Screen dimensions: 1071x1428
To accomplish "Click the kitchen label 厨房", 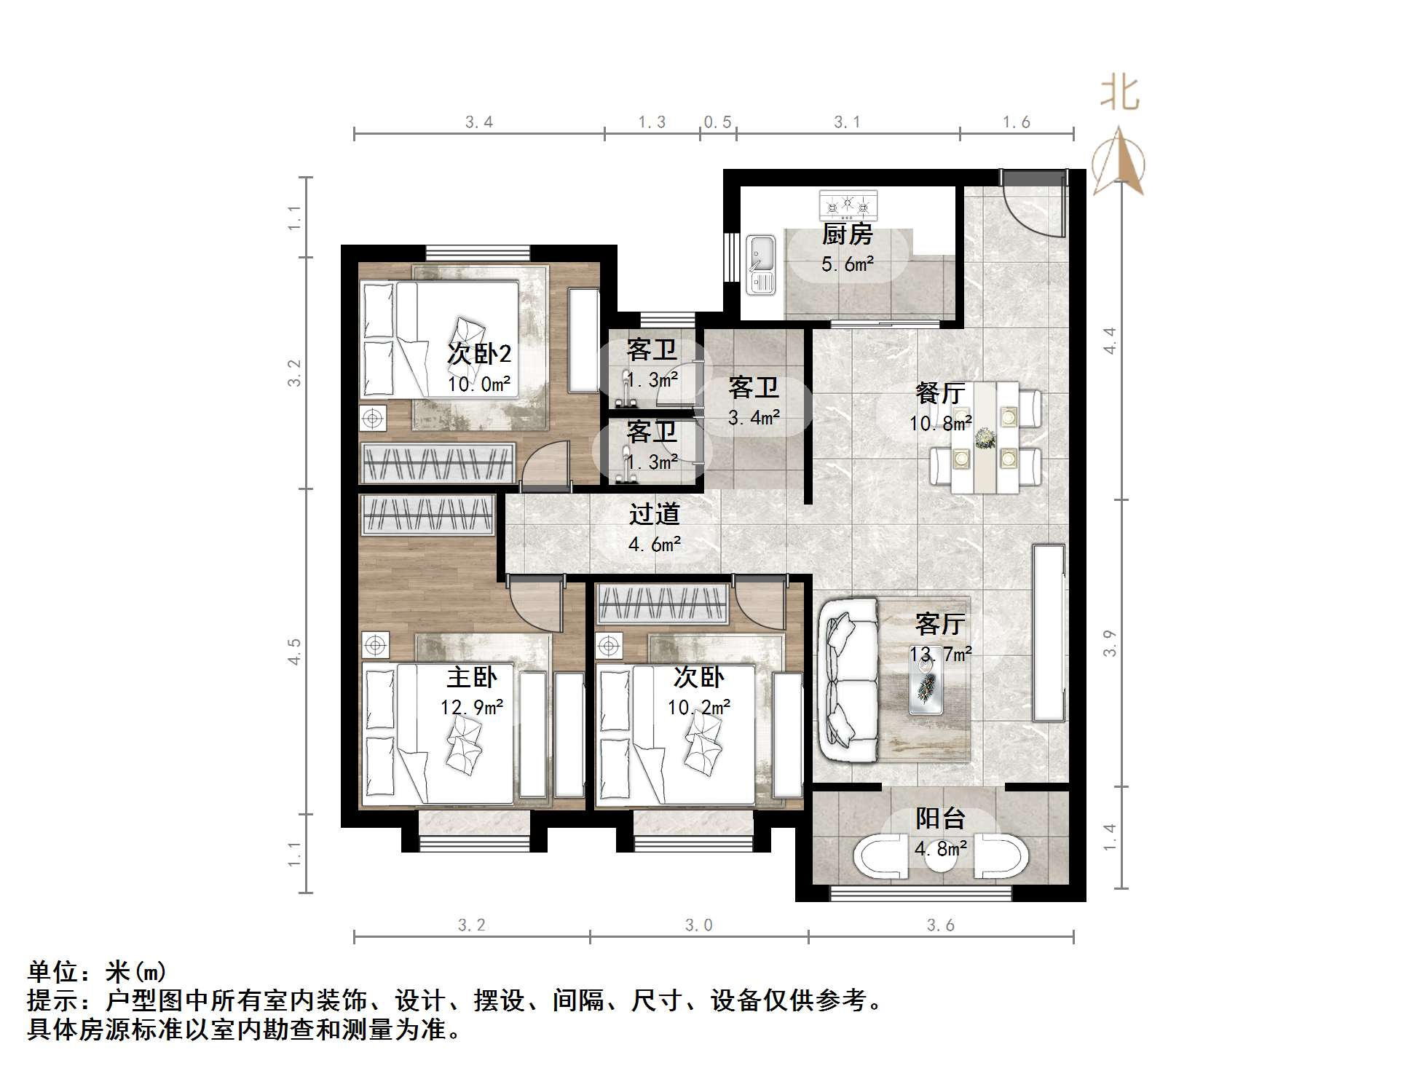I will [x=847, y=234].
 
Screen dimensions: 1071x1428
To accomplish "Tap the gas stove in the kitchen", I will [x=848, y=205].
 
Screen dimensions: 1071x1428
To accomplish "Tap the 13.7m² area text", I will [x=941, y=655].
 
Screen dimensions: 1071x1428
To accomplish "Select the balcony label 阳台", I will [x=940, y=818].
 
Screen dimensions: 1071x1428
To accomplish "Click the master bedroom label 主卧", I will [x=472, y=677].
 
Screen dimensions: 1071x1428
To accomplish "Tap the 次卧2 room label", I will [x=478, y=354].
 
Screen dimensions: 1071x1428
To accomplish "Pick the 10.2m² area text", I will [x=699, y=707].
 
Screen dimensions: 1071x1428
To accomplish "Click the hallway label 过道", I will [x=654, y=514].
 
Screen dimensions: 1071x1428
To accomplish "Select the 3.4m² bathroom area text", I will [x=754, y=418].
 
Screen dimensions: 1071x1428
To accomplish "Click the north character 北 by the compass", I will [x=1119, y=94].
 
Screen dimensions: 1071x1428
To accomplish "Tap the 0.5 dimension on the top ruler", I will [x=717, y=122].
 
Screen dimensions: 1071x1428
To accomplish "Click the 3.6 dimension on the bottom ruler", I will [x=940, y=925].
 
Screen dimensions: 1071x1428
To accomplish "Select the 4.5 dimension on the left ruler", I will [x=294, y=651].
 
